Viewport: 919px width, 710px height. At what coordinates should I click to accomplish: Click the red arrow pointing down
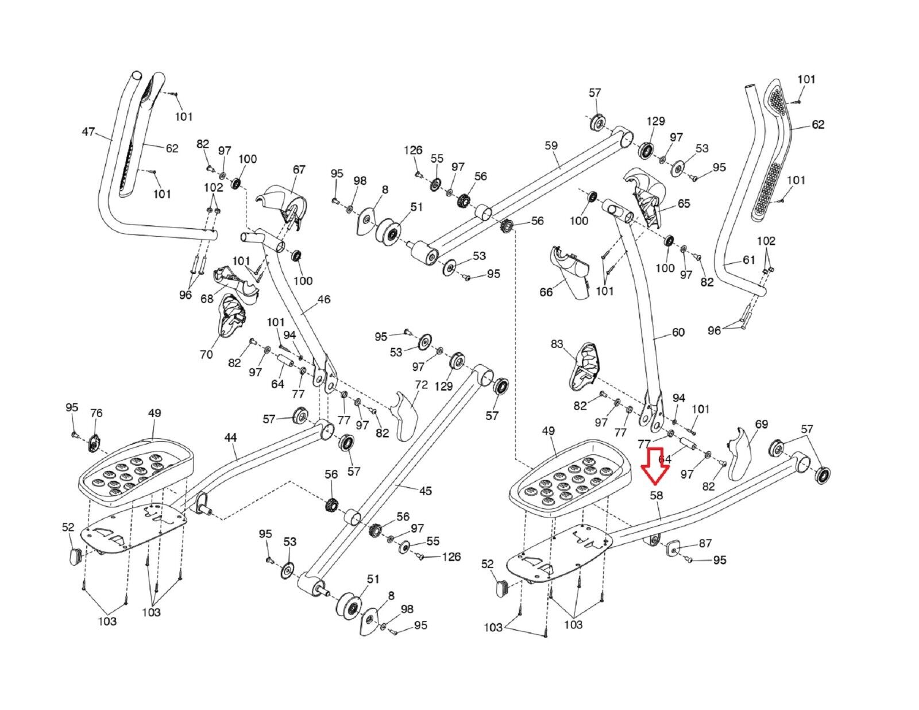point(655,466)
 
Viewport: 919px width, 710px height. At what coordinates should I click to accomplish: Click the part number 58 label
point(656,495)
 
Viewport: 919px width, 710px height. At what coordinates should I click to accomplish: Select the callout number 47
point(88,132)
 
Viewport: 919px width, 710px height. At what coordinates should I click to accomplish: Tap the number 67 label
point(299,169)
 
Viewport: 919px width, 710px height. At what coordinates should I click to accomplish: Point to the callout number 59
point(550,145)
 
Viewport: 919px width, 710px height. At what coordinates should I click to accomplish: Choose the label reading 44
point(230,438)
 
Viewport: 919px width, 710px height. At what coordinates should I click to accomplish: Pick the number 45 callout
point(425,491)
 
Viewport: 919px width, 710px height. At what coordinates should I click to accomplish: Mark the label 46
point(324,299)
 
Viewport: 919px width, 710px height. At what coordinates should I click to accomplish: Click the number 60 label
point(678,332)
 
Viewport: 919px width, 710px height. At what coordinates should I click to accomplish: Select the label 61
point(749,260)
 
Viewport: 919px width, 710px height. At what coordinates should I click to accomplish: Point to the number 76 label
point(96,414)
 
